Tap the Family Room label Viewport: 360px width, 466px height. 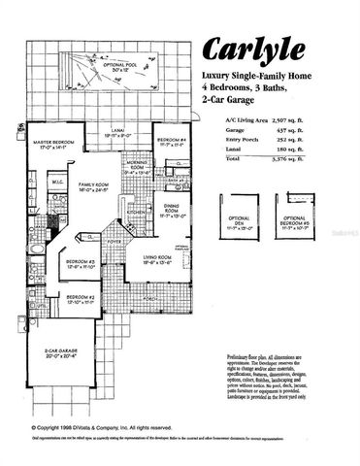tap(95, 186)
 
